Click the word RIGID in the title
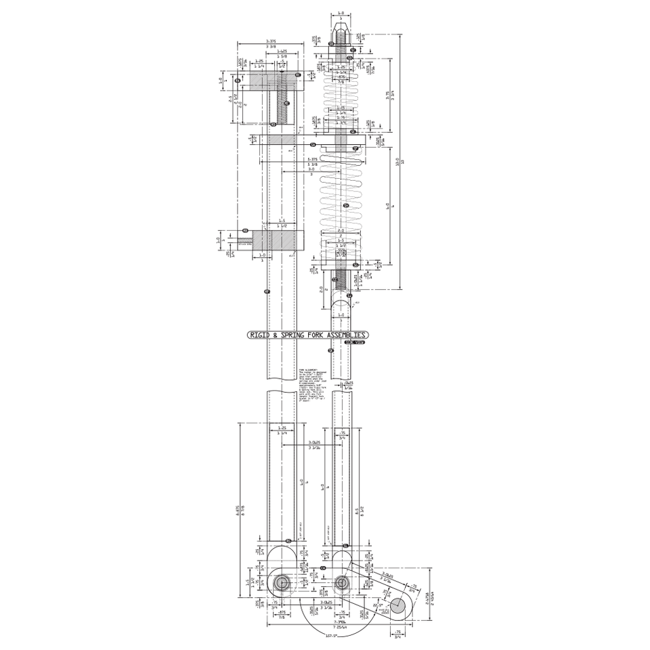(x=259, y=335)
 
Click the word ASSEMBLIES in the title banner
(x=346, y=335)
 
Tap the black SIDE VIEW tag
(x=354, y=343)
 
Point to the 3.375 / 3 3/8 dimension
(x=270, y=44)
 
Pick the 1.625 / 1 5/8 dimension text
(x=282, y=53)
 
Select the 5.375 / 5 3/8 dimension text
(x=312, y=162)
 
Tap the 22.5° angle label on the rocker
(x=375, y=605)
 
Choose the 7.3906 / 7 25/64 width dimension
(x=340, y=624)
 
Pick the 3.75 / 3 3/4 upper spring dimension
(x=389, y=95)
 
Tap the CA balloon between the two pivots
(x=323, y=568)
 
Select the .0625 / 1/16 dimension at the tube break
(x=348, y=385)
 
